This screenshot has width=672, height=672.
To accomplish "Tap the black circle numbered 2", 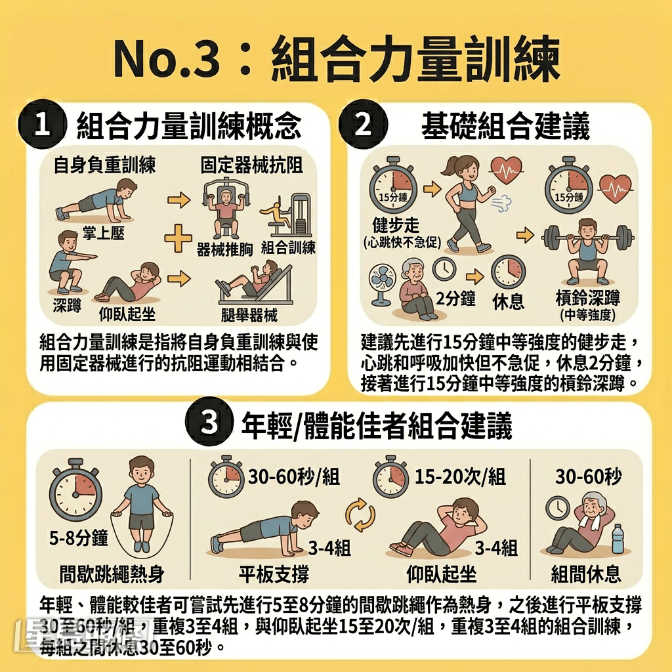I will pos(364,125).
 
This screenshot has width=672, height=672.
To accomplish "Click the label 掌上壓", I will pos(104,233).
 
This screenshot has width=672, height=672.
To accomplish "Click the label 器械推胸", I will pos(224,249).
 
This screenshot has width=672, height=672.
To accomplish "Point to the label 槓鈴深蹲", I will pos(587,300).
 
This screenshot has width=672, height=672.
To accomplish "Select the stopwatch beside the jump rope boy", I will pos(76,488).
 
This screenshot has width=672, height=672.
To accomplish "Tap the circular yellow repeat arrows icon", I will pos(360,514).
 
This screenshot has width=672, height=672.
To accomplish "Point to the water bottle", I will pos(618,539).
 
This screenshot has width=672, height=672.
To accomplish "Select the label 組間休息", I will pos(586,574).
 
